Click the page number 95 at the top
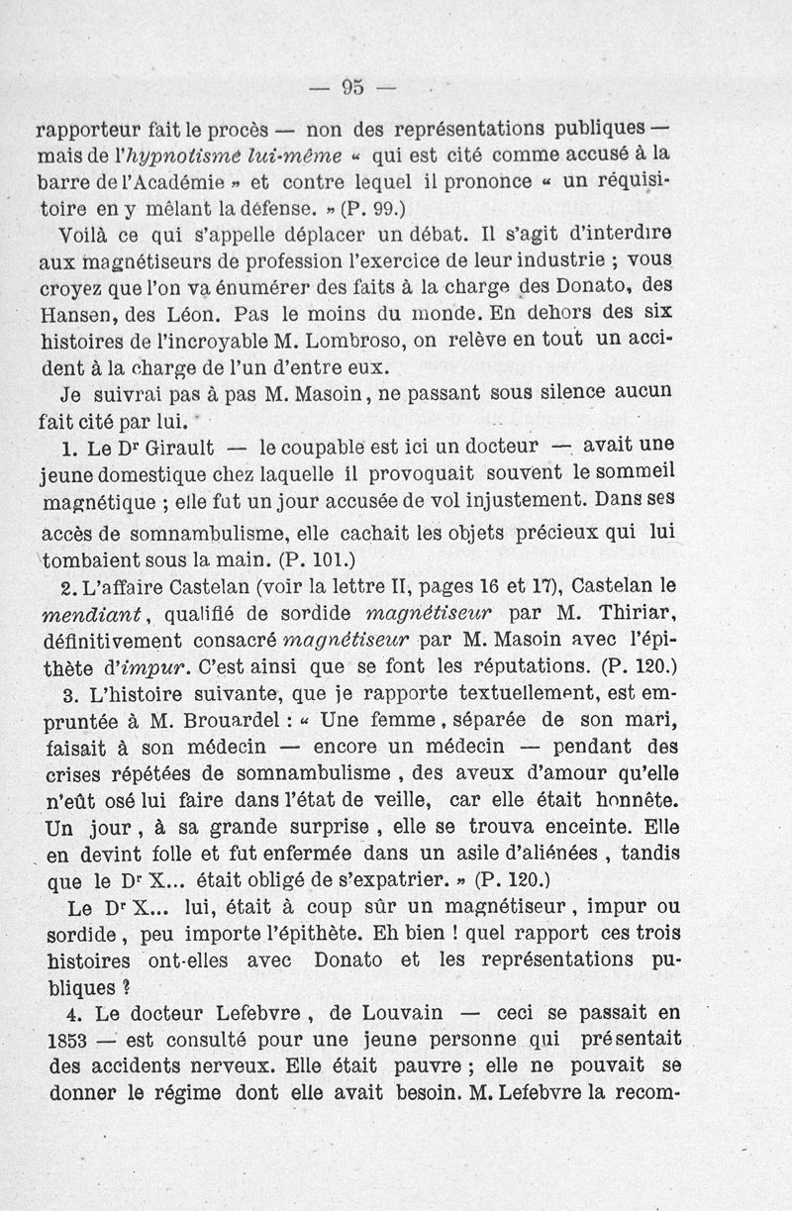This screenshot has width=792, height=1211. pos(352,86)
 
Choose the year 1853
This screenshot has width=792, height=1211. pos(69,1040)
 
